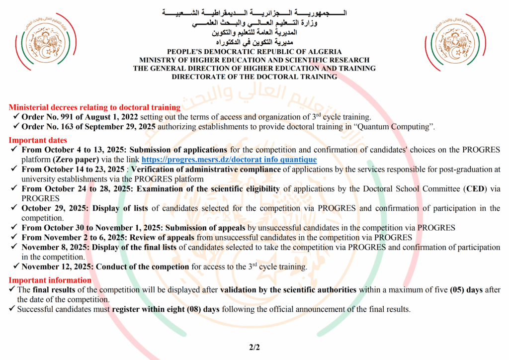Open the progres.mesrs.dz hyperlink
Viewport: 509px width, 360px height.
[229, 159]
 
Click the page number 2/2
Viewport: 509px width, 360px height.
[254, 348]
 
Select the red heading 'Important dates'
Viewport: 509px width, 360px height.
[38, 140]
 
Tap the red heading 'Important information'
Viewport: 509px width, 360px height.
[50, 280]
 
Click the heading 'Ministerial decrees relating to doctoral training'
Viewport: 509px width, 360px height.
[94, 107]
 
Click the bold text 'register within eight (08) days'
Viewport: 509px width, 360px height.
[166, 309]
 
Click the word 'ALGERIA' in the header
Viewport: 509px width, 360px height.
[324, 52]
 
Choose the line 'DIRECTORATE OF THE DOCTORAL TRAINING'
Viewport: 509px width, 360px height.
[254, 77]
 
